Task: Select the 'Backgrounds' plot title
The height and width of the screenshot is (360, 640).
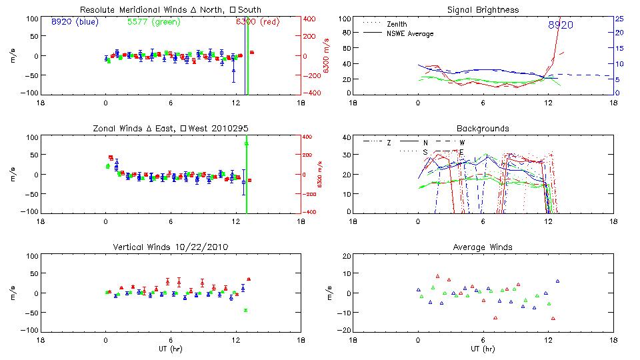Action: tap(483, 128)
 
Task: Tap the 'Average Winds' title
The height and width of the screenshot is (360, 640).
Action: tap(483, 247)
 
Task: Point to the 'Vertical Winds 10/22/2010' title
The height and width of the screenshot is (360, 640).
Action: tap(171, 247)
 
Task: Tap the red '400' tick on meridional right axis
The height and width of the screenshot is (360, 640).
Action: tap(310, 19)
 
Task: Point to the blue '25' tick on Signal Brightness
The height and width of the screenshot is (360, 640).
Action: tap(619, 19)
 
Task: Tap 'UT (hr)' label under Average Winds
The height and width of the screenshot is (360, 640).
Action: tap(483, 349)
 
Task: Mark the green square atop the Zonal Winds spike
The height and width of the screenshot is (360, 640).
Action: tap(247, 143)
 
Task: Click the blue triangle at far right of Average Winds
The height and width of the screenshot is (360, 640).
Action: tap(557, 281)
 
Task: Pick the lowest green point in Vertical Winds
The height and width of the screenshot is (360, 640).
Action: tap(246, 310)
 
